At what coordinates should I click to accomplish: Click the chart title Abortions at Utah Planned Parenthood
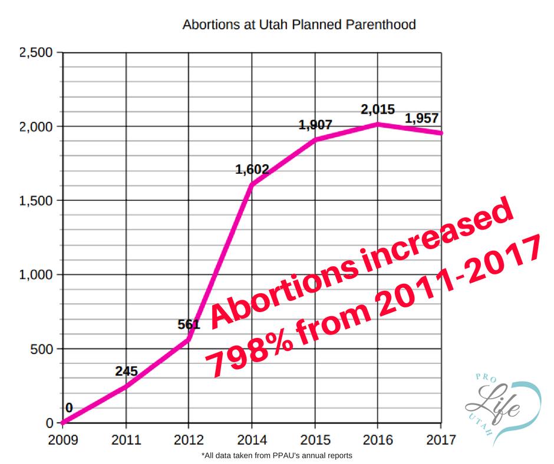[x=299, y=25]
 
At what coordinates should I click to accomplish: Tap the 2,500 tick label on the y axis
[x=37, y=53]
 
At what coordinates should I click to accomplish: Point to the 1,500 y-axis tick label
[x=37, y=201]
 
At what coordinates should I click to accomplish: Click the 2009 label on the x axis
[x=62, y=439]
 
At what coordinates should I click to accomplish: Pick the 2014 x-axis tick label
[x=252, y=439]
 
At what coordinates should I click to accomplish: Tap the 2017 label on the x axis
[x=441, y=439]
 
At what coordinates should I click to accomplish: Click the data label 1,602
[x=252, y=170]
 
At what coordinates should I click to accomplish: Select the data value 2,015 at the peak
[x=378, y=110]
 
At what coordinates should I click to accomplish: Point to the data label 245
[x=126, y=371]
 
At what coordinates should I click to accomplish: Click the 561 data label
[x=189, y=324]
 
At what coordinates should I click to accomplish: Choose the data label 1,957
[x=421, y=118]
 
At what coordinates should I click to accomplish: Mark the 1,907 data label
[x=315, y=125]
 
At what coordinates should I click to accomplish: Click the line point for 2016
[x=378, y=124]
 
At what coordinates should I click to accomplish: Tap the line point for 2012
[x=189, y=340]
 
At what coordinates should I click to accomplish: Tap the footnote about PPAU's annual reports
[x=276, y=455]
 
